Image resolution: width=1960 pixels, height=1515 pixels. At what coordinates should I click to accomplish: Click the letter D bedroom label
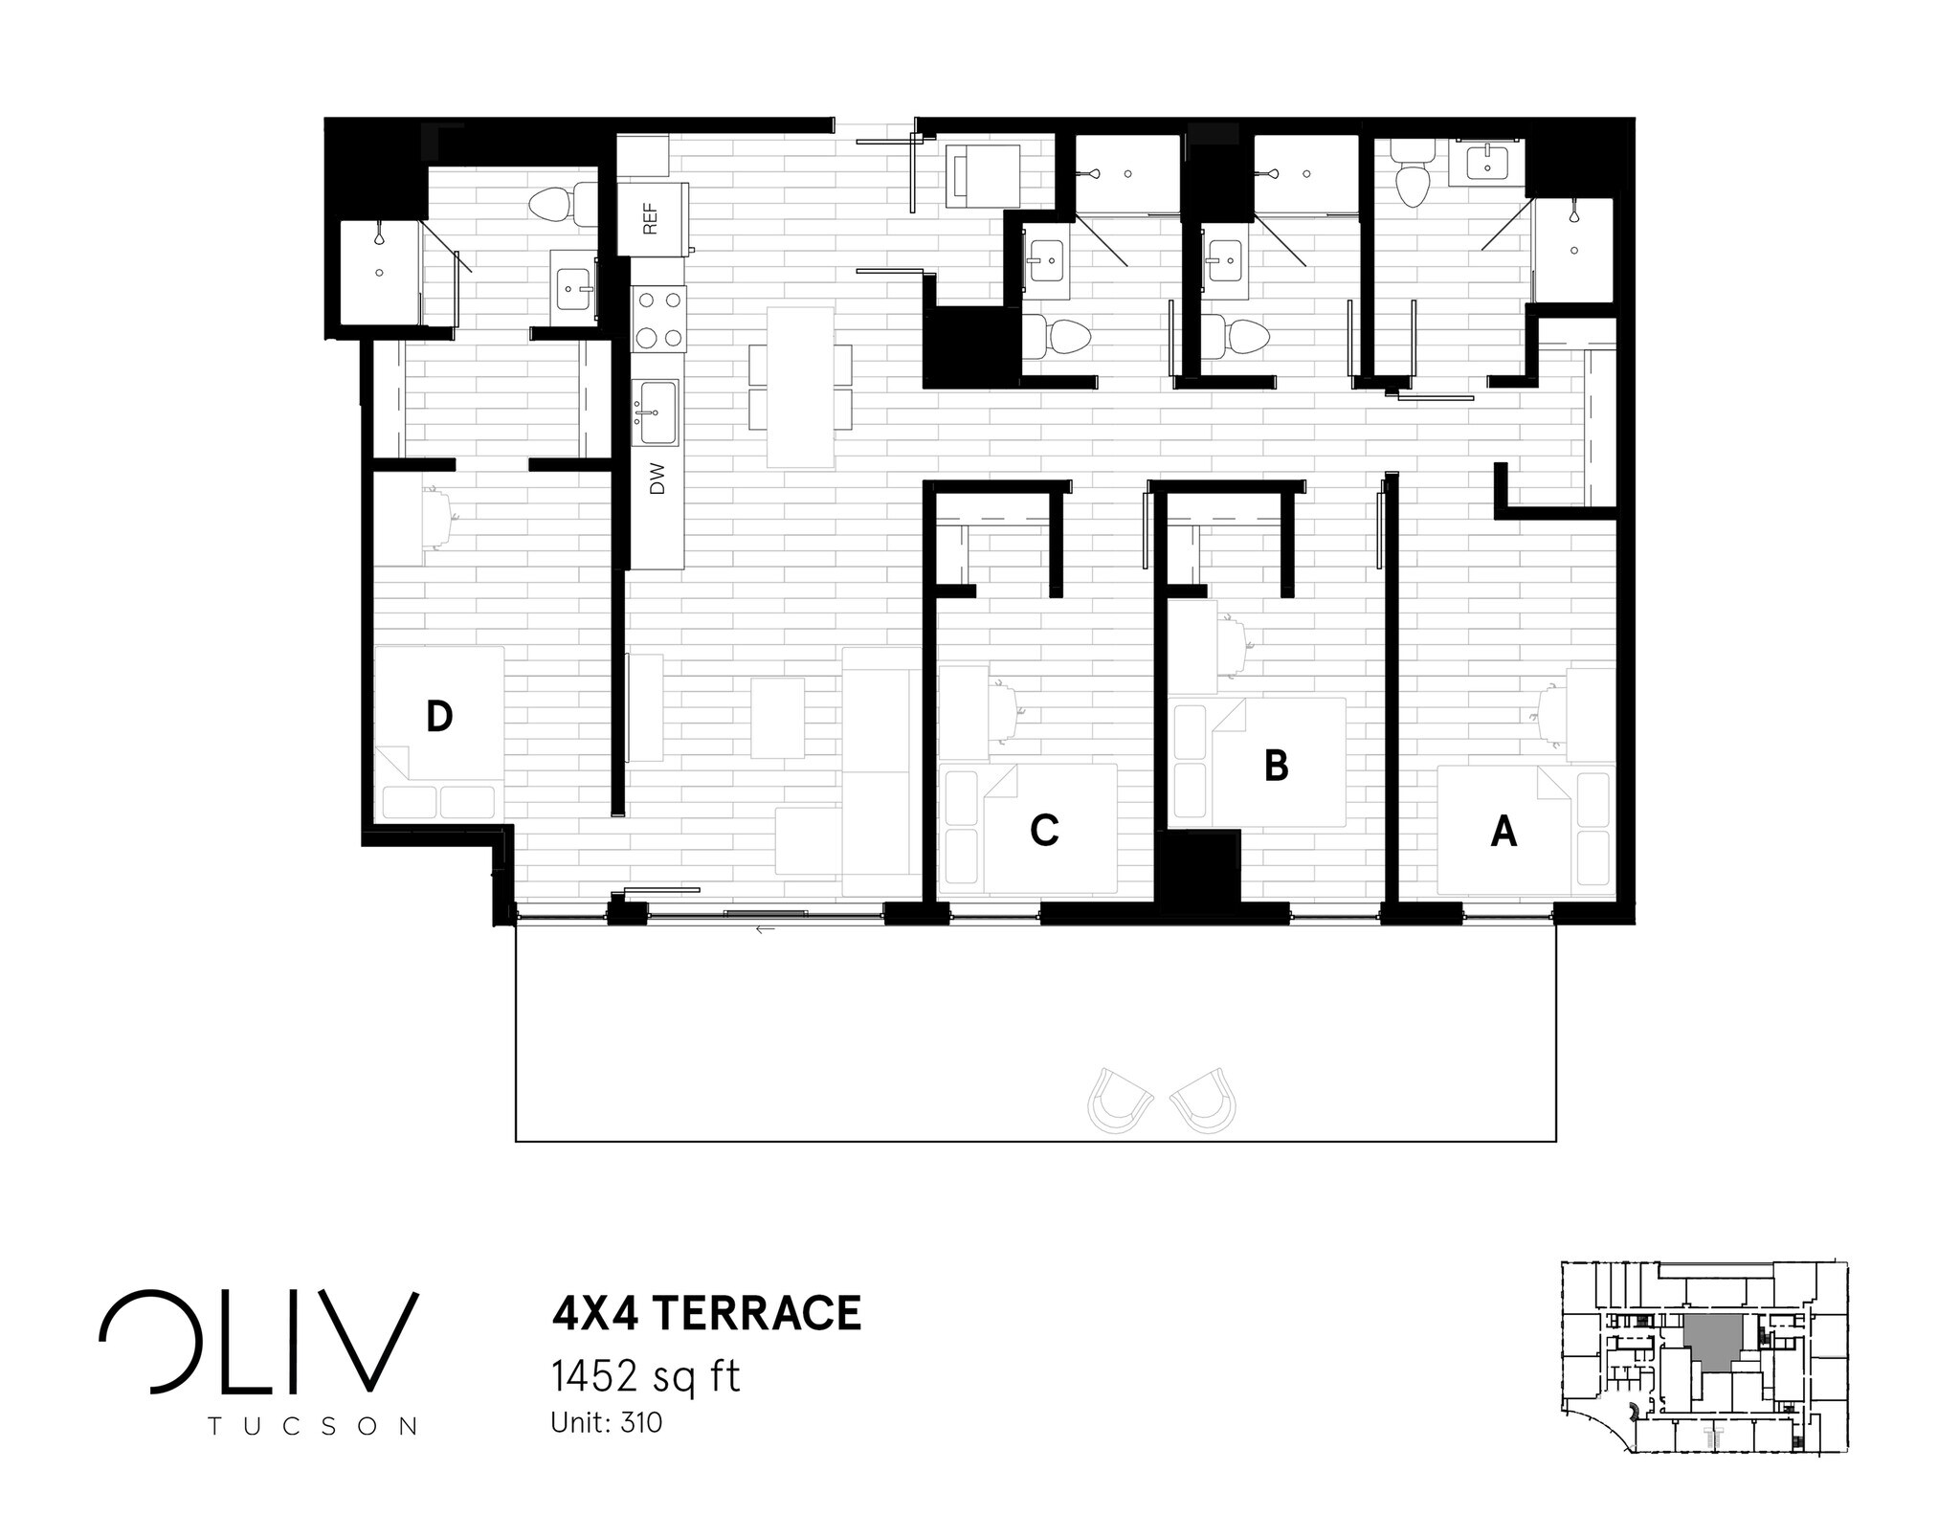(x=438, y=716)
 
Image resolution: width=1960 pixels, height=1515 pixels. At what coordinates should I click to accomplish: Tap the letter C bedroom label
(x=1044, y=830)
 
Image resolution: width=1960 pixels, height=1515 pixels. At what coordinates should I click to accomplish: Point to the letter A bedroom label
(x=1503, y=832)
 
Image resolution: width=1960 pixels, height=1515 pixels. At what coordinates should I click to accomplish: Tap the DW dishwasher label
(x=657, y=479)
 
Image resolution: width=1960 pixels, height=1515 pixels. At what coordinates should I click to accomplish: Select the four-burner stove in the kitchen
(x=659, y=319)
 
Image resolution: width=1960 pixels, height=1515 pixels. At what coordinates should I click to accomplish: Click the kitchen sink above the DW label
(x=658, y=412)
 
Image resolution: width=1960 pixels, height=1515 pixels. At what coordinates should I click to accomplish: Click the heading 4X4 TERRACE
(x=706, y=1313)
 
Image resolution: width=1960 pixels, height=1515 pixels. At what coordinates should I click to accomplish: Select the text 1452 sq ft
(x=645, y=1376)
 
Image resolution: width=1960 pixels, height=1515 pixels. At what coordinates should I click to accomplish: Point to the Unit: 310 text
(x=606, y=1423)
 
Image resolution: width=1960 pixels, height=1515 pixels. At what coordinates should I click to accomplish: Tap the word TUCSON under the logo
(x=312, y=1426)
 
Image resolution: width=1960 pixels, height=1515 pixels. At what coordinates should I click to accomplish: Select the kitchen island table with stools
(x=801, y=387)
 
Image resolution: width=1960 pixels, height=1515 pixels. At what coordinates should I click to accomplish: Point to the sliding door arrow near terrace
(x=764, y=928)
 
